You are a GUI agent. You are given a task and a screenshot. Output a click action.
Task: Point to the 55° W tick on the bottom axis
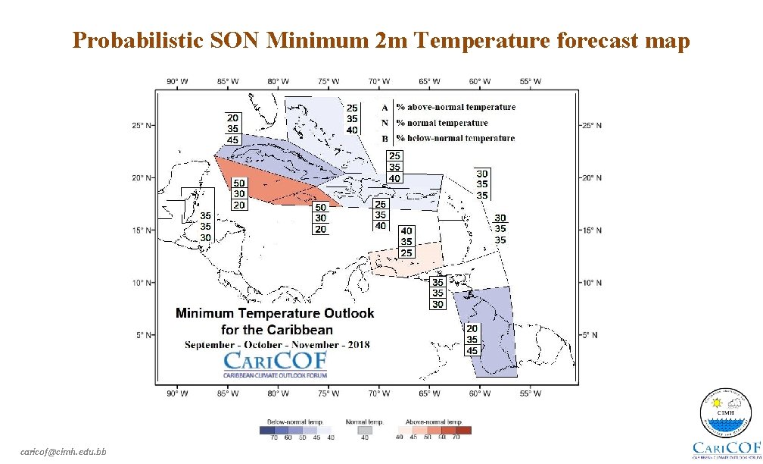click(x=531, y=393)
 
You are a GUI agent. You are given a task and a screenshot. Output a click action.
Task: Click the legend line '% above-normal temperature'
click(x=456, y=108)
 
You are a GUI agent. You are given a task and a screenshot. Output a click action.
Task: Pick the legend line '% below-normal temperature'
click(x=455, y=138)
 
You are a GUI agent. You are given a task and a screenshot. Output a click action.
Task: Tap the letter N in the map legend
click(x=385, y=123)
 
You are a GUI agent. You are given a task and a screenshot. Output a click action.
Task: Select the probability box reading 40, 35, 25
click(x=406, y=241)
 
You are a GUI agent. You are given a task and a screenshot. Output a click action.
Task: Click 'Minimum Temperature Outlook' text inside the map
click(x=275, y=313)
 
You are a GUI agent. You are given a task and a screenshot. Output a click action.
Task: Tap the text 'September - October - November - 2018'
click(x=277, y=345)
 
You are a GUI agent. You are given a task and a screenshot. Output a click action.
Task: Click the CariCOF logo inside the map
click(x=274, y=363)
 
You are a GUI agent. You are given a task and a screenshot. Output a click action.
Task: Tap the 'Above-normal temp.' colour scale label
click(x=434, y=422)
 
